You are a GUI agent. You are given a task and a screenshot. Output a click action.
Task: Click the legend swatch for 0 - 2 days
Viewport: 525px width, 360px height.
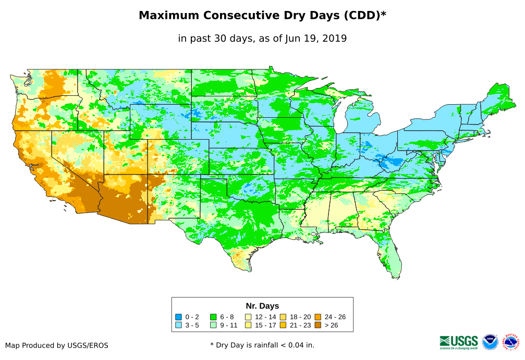[x=178, y=317]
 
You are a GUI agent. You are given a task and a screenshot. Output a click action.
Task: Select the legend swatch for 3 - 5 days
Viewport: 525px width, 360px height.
[x=178, y=325]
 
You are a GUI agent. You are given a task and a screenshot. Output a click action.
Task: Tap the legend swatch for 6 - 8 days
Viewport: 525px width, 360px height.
[x=213, y=317]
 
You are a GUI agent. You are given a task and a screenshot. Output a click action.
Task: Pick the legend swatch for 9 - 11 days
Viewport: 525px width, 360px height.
[x=213, y=325]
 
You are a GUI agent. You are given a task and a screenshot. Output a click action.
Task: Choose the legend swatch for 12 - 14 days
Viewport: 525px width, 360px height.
[x=248, y=317]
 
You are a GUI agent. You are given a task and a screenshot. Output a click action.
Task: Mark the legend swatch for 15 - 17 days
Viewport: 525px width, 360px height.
[x=248, y=325]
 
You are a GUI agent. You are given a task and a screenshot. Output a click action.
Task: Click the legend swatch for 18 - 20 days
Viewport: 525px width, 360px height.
[x=283, y=317]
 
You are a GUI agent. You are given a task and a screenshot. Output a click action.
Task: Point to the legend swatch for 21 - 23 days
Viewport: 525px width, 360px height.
[x=283, y=325]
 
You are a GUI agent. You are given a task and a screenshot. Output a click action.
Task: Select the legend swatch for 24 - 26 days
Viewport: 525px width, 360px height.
[x=318, y=317]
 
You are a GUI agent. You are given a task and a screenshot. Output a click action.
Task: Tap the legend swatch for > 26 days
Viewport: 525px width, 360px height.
[x=318, y=325]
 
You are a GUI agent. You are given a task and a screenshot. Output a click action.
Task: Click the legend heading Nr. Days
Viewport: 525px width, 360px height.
[x=262, y=306]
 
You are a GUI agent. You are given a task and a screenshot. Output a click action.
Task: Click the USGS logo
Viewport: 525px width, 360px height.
[x=459, y=341]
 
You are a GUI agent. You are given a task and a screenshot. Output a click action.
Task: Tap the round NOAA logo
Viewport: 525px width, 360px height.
[x=490, y=342]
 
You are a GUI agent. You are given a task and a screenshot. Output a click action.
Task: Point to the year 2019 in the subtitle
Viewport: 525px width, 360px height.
[x=335, y=38]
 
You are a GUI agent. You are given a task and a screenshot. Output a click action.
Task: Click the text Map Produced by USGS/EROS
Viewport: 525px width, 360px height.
[x=57, y=345]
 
